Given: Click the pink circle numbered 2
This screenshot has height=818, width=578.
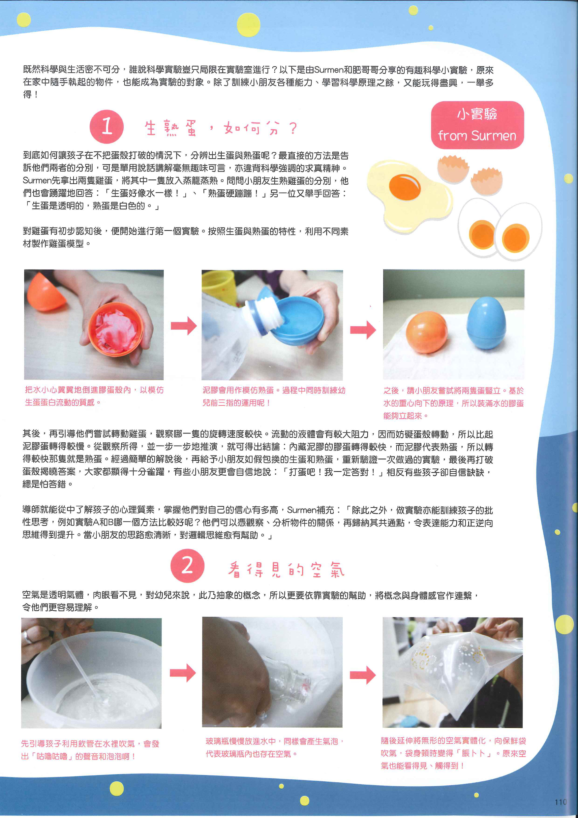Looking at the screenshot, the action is [187, 565].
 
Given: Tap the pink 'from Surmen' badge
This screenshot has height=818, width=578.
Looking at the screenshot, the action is [477, 125].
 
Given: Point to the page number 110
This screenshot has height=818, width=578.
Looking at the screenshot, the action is [560, 802].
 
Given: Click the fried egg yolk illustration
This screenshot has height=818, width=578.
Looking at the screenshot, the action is [405, 187].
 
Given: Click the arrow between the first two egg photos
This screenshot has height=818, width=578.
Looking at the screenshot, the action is [183, 326].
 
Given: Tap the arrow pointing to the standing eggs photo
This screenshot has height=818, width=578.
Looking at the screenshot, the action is [363, 330].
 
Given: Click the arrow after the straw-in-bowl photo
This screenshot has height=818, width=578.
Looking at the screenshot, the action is [183, 673].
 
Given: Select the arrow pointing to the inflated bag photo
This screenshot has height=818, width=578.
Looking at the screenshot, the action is [363, 675].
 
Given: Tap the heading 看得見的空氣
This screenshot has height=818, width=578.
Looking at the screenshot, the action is [286, 569].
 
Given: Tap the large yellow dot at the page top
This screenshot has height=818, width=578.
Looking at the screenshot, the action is [249, 25].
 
